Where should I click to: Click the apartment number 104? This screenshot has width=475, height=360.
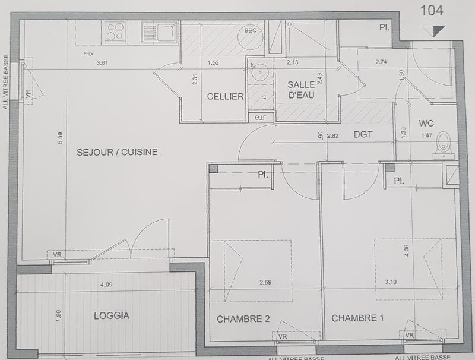tap(432, 10)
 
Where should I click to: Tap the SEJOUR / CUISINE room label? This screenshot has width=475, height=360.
tap(117, 152)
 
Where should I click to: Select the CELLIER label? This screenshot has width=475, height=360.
tap(225, 97)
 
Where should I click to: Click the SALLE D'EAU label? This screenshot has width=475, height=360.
tap(300, 90)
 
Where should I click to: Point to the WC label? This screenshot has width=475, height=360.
tap(426, 124)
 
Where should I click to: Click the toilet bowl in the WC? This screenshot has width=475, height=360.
tap(444, 144)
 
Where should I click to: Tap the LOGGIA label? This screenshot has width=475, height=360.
tap(111, 316)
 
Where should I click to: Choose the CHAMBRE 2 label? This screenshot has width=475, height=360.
tap(243, 319)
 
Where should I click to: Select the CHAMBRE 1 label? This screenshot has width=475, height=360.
tap(357, 318)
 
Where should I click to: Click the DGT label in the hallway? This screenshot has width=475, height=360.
tap(363, 134)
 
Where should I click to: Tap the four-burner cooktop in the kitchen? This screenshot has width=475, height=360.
tap(115, 31)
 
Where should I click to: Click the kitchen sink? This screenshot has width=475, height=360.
tap(159, 31)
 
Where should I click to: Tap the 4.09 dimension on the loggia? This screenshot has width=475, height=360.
tap(106, 284)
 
